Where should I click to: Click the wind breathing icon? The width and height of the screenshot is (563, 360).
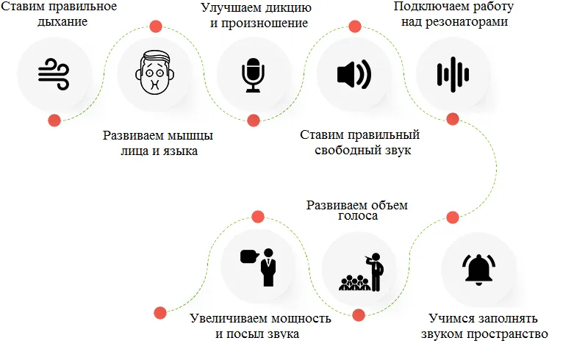54,74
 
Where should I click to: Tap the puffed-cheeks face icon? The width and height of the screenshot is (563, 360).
154,74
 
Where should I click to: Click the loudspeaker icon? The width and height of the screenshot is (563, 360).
354,74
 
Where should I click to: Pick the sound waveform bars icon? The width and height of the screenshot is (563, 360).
453,74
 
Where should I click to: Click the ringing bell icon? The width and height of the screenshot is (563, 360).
478,268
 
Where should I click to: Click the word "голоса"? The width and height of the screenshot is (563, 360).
357,217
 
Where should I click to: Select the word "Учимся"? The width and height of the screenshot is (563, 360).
450,320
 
